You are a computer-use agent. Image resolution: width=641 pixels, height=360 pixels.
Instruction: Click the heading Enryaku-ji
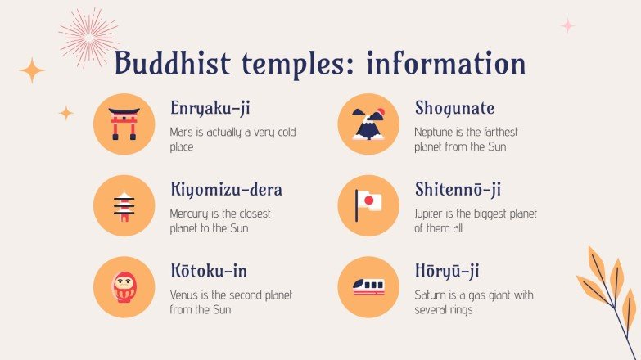click(211, 109)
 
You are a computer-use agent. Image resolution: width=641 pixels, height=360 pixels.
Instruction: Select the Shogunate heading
click(454, 109)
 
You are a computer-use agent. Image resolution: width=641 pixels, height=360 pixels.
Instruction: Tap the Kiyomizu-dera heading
click(226, 190)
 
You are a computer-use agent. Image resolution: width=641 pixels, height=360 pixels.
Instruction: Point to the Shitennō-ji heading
click(458, 190)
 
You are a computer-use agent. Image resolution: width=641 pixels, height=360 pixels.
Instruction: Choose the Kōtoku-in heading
click(208, 271)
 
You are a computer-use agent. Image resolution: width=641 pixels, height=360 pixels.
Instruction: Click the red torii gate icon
click(124, 124)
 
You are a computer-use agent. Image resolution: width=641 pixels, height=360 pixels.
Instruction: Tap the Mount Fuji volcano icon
click(368, 124)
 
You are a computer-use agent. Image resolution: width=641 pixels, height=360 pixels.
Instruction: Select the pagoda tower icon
click(124, 205)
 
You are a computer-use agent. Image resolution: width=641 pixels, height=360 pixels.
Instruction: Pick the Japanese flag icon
click(368, 205)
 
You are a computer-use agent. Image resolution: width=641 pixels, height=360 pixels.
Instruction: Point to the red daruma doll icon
click(124, 286)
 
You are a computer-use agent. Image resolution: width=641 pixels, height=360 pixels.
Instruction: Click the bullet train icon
click(368, 286)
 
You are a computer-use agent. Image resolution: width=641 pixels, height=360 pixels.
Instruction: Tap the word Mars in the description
click(179, 132)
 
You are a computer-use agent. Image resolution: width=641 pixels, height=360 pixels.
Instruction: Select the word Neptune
click(434, 132)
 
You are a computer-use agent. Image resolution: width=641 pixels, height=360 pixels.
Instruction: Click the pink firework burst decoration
click(88, 36)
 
